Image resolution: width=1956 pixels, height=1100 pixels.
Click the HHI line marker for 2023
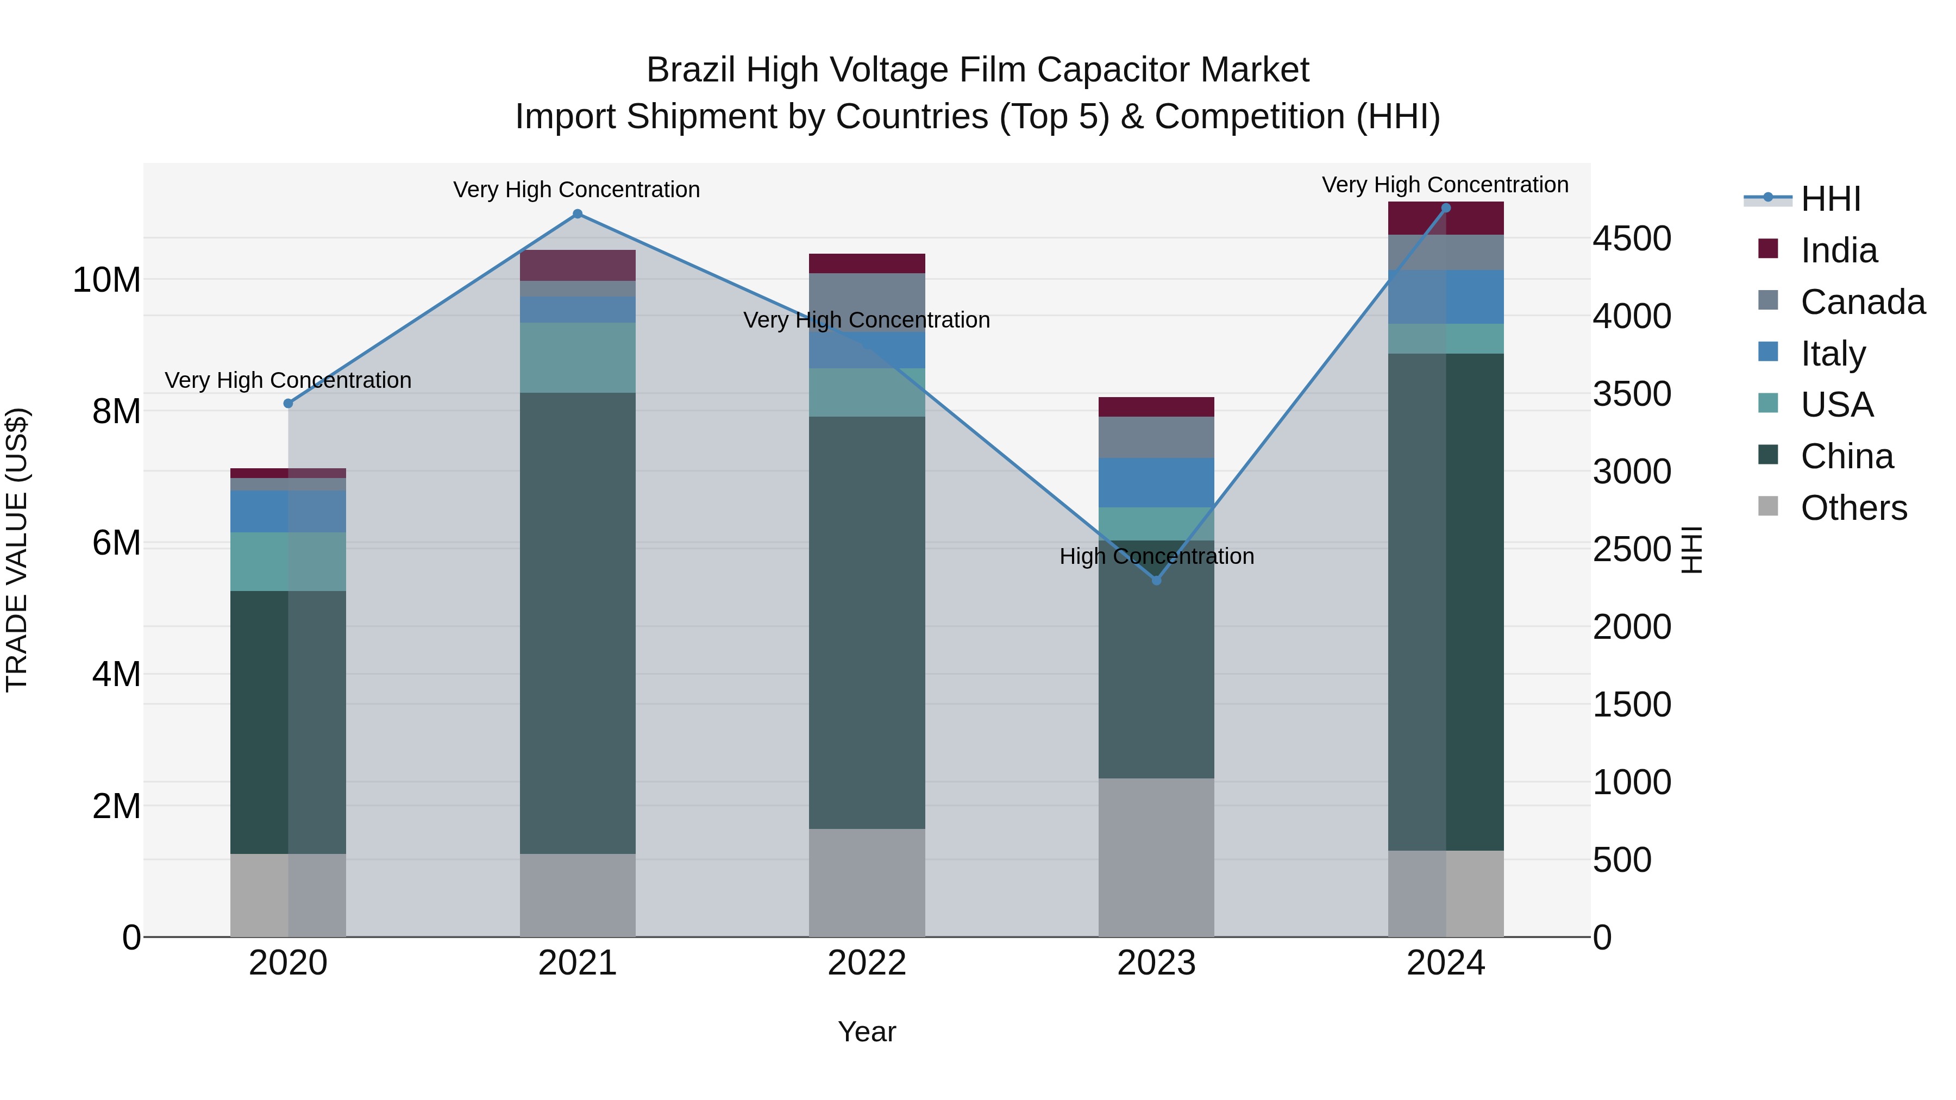(1156, 581)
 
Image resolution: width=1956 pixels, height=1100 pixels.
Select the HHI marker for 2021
(577, 214)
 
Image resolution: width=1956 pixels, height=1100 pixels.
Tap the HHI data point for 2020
(288, 404)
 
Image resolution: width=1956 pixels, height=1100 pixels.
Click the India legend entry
(1838, 250)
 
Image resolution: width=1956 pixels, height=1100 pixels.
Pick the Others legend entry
(1853, 508)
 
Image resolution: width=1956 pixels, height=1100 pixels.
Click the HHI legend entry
(1830, 199)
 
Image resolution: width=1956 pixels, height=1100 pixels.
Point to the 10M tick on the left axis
(106, 280)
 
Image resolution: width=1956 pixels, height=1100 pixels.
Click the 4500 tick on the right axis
(1631, 238)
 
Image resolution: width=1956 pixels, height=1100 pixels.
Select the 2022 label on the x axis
(867, 963)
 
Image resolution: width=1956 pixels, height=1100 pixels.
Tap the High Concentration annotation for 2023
(1156, 556)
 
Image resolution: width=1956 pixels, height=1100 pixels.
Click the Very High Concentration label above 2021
(576, 190)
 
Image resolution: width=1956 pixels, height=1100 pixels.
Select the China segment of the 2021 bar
(577, 623)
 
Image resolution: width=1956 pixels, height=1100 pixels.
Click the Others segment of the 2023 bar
(1156, 858)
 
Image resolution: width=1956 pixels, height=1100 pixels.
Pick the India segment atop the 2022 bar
(867, 263)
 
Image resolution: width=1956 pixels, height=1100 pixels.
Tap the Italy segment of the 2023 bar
(1156, 483)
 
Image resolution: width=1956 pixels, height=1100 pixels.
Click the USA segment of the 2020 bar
(288, 562)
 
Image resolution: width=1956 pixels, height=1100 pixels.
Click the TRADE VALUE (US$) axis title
(17, 550)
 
